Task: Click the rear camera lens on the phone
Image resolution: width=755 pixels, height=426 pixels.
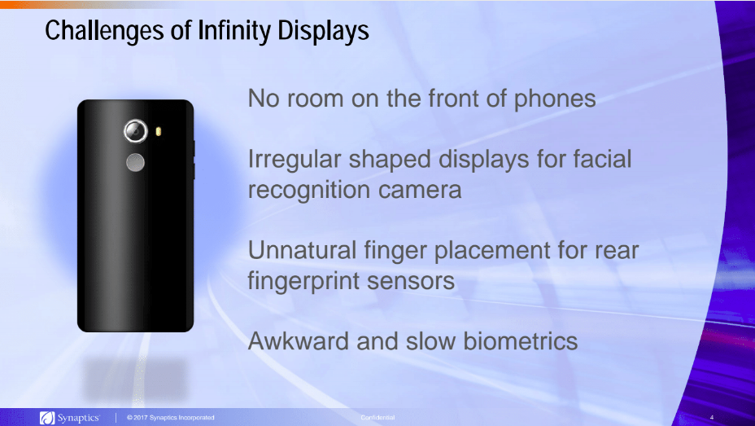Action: pos(135,130)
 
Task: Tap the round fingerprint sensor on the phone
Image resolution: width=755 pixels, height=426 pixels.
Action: pos(136,163)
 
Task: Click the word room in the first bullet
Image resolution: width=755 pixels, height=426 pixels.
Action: pos(315,99)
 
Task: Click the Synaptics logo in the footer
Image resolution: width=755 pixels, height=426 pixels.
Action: pos(71,418)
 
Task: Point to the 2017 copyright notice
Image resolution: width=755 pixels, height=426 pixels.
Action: pos(171,418)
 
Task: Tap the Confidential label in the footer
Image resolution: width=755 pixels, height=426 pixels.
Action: pos(377,418)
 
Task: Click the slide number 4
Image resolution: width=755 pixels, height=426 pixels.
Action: pos(711,418)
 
